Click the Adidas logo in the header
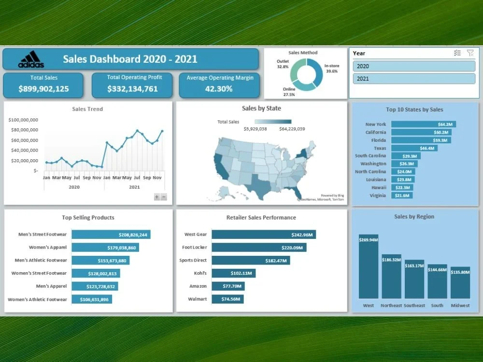[x=31, y=59]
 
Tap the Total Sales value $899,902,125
[x=43, y=89]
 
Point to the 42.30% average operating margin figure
[x=219, y=89]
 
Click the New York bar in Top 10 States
[x=423, y=124]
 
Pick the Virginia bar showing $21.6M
[x=401, y=195]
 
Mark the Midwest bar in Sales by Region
[x=460, y=282]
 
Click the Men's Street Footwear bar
[x=111, y=235]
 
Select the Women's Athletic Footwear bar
[x=91, y=299]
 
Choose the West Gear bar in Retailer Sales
[x=263, y=235]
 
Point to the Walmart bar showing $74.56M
[x=227, y=299]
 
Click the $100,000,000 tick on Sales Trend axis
[x=24, y=120]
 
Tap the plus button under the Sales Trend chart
[x=156, y=196]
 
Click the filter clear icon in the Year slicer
[x=470, y=53]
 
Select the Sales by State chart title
[x=261, y=109]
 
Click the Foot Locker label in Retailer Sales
[x=195, y=248]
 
